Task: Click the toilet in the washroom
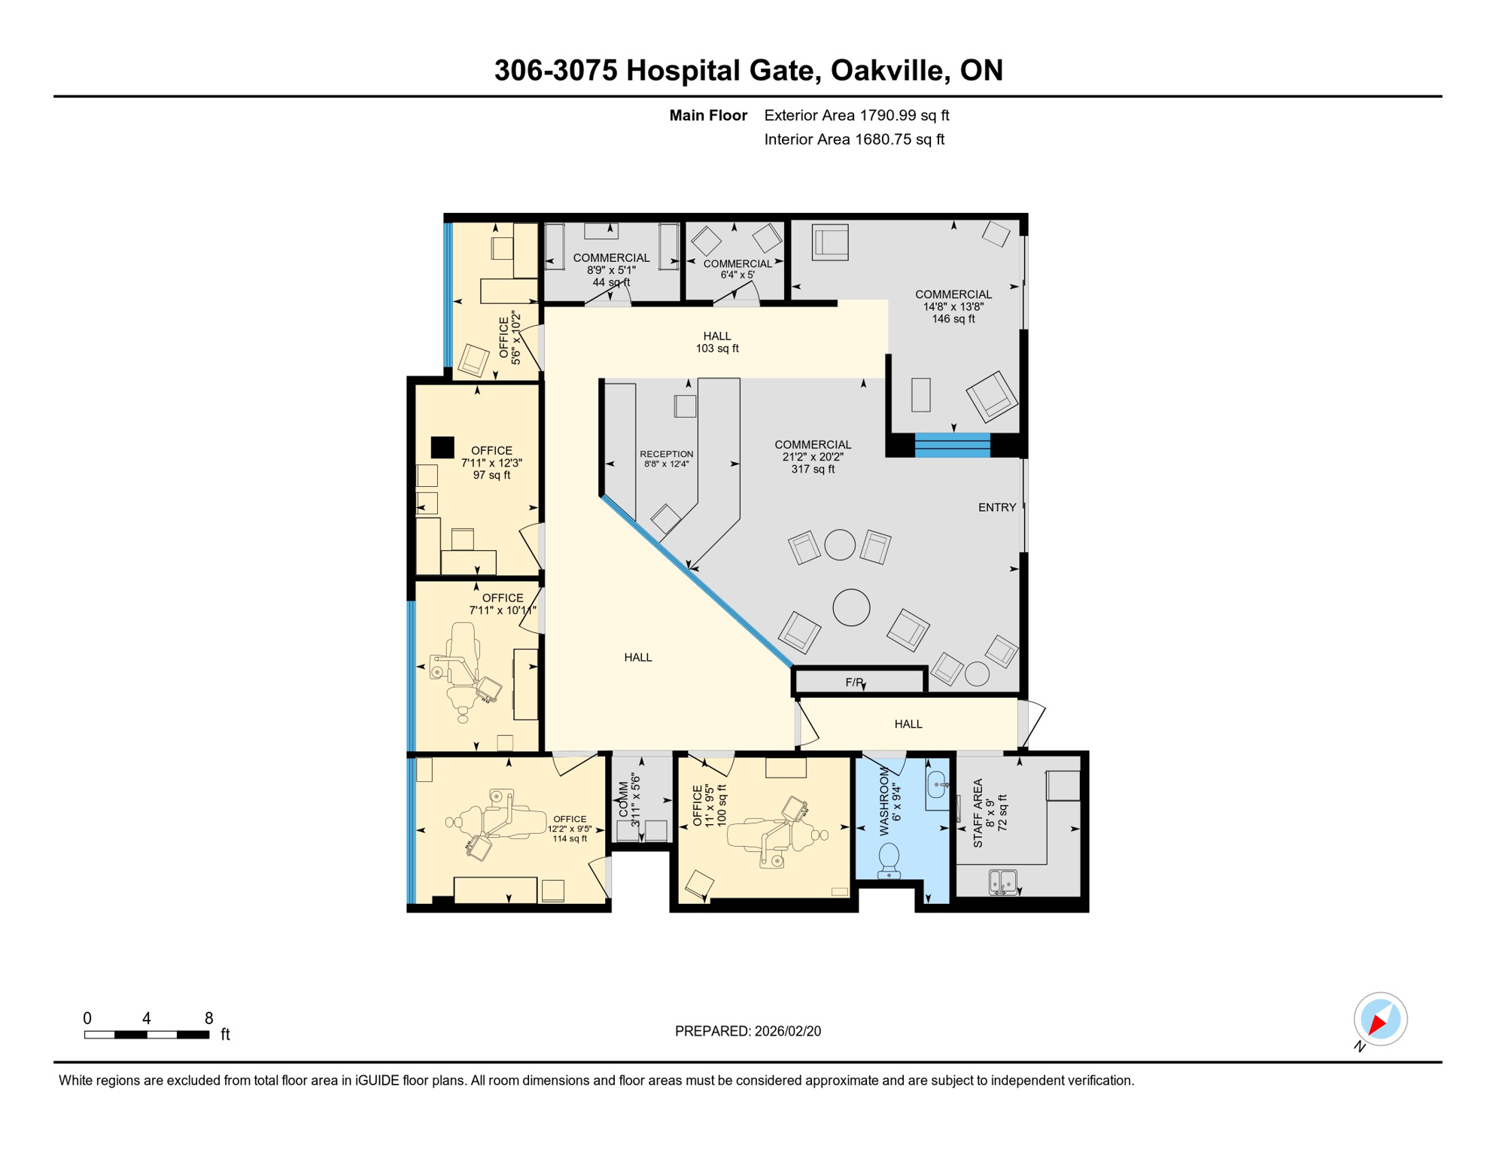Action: click(x=889, y=859)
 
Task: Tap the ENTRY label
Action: click(x=997, y=507)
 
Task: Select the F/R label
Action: click(x=854, y=683)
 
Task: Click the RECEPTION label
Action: click(x=666, y=454)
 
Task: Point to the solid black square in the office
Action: click(x=442, y=448)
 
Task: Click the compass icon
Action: click(x=1380, y=1019)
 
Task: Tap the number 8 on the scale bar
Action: click(x=208, y=1018)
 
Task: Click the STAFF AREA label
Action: click(x=978, y=813)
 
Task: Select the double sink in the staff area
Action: click(x=1002, y=881)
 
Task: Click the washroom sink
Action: click(x=936, y=785)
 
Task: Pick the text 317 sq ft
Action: click(x=813, y=469)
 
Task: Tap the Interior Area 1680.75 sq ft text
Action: click(x=854, y=139)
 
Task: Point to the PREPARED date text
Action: click(x=747, y=1031)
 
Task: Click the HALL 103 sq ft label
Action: click(x=717, y=342)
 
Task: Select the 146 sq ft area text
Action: click(x=953, y=318)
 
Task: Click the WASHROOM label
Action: click(x=884, y=802)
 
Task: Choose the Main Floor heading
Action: click(x=708, y=115)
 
